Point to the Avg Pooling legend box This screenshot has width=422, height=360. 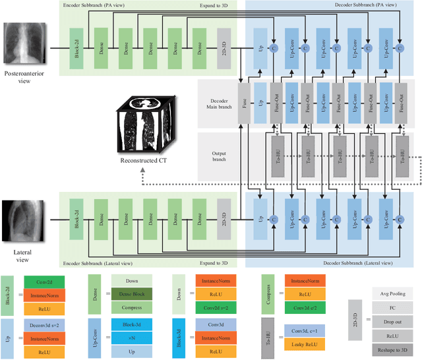pos(388,293)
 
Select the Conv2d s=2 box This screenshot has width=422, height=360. pos(214,307)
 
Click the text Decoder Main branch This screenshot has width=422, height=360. pos(218,105)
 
